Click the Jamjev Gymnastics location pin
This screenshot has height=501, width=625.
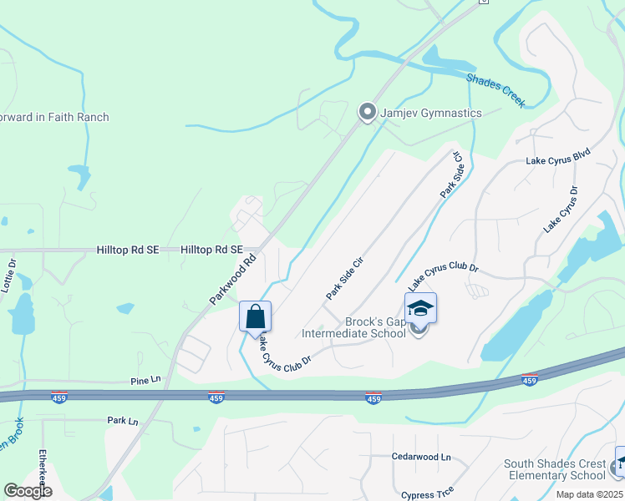(366, 112)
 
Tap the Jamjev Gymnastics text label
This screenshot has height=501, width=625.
(431, 113)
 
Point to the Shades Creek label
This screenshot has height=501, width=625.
(496, 90)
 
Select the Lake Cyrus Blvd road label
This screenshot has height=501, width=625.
(558, 156)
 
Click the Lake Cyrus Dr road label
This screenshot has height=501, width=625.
(561, 209)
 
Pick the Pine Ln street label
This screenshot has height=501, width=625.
(145, 380)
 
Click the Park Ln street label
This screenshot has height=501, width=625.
(122, 421)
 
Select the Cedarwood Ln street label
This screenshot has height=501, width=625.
(421, 457)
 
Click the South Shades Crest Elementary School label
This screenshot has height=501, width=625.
(555, 470)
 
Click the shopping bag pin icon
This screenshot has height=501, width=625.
(255, 317)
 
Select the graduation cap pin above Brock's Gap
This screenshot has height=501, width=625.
(420, 308)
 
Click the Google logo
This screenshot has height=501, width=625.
(28, 491)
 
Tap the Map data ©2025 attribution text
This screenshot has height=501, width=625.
(588, 494)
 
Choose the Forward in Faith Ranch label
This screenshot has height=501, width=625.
(54, 117)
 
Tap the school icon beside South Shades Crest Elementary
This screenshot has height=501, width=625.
(620, 462)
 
